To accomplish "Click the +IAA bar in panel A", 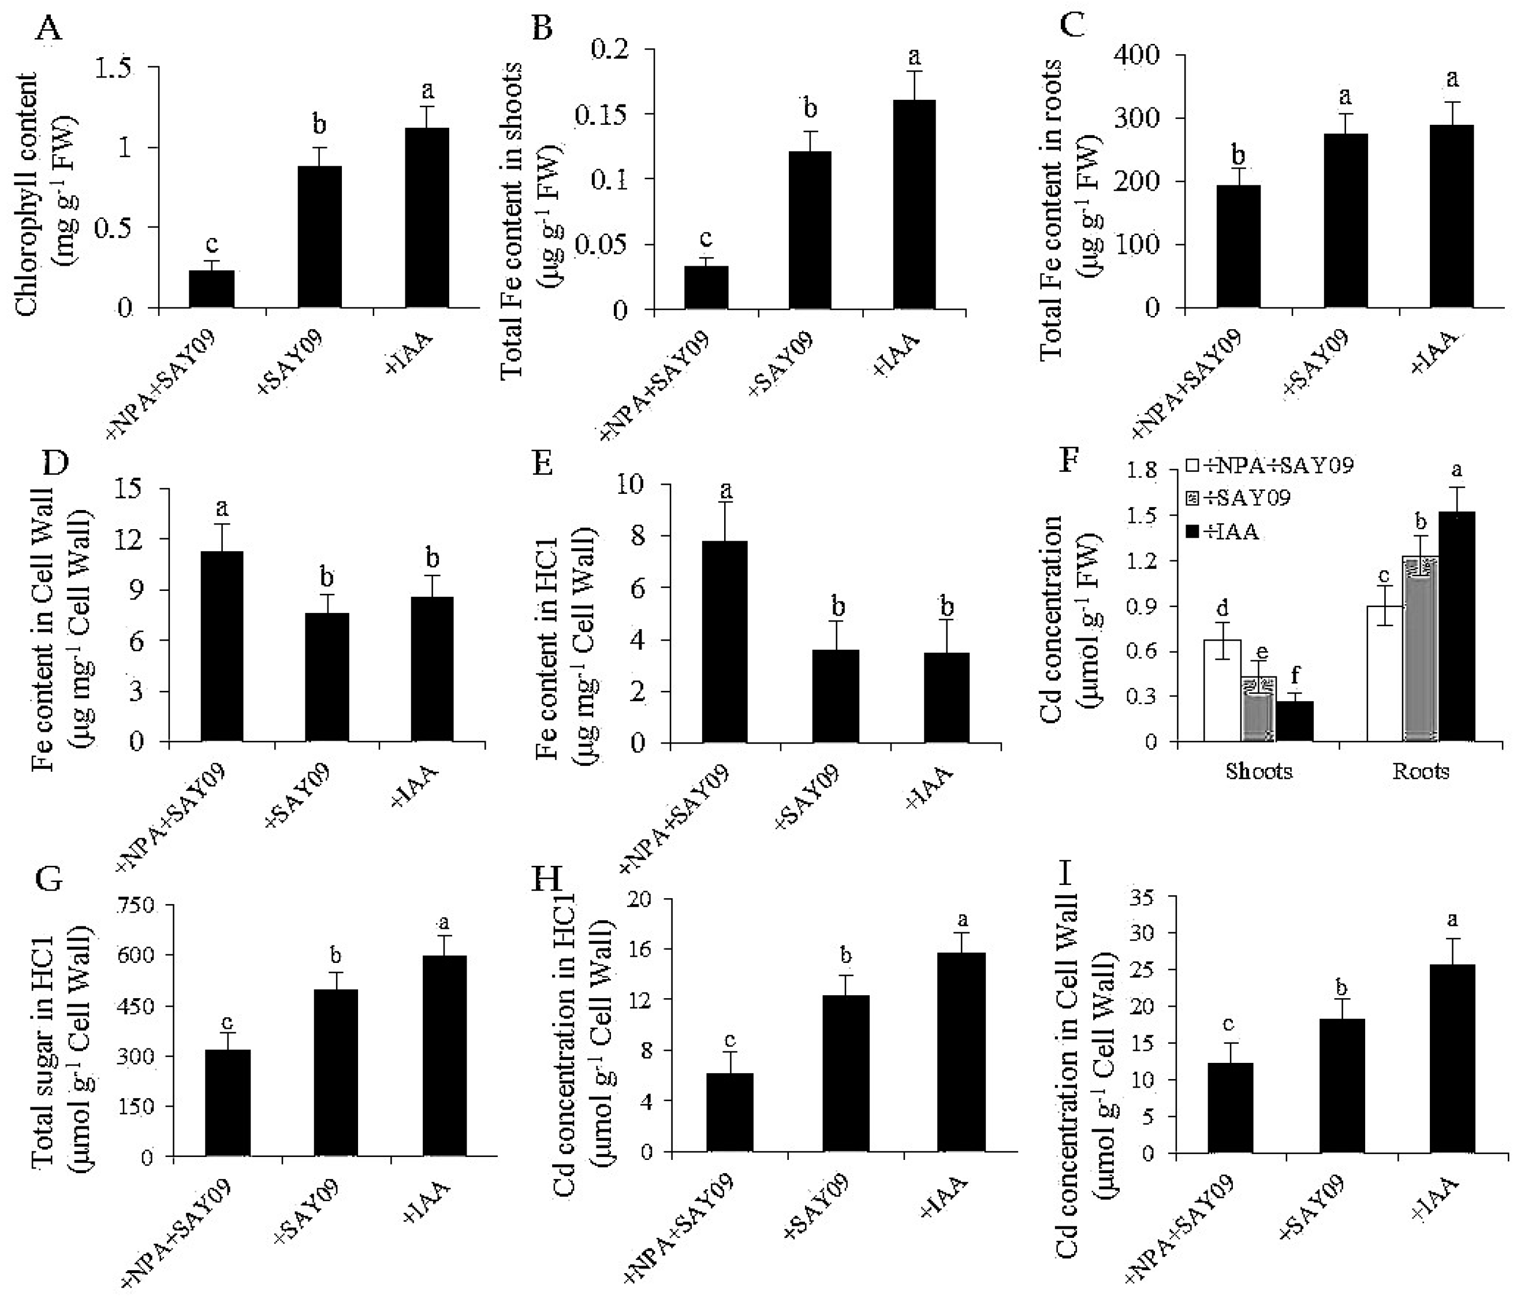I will click(x=427, y=218).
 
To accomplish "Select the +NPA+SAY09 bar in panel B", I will click(x=706, y=288).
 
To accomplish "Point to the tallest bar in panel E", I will click(x=724, y=642).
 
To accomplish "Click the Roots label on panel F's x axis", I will click(x=1421, y=772).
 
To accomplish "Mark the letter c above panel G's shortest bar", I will click(x=228, y=1021).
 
